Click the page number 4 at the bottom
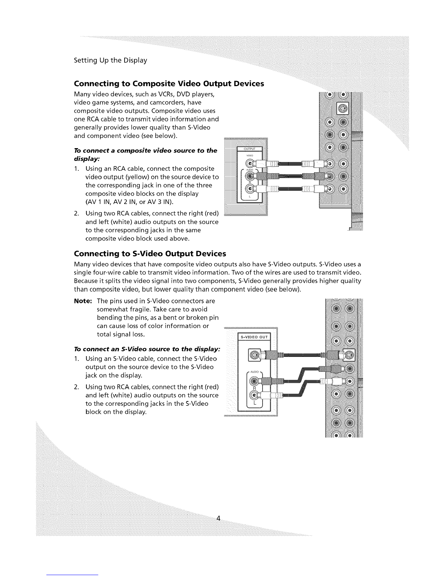click(218, 518)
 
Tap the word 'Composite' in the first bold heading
click(153, 84)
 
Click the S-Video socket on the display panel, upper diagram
click(344, 108)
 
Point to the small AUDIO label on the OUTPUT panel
click(249, 170)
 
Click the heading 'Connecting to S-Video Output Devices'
click(150, 254)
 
